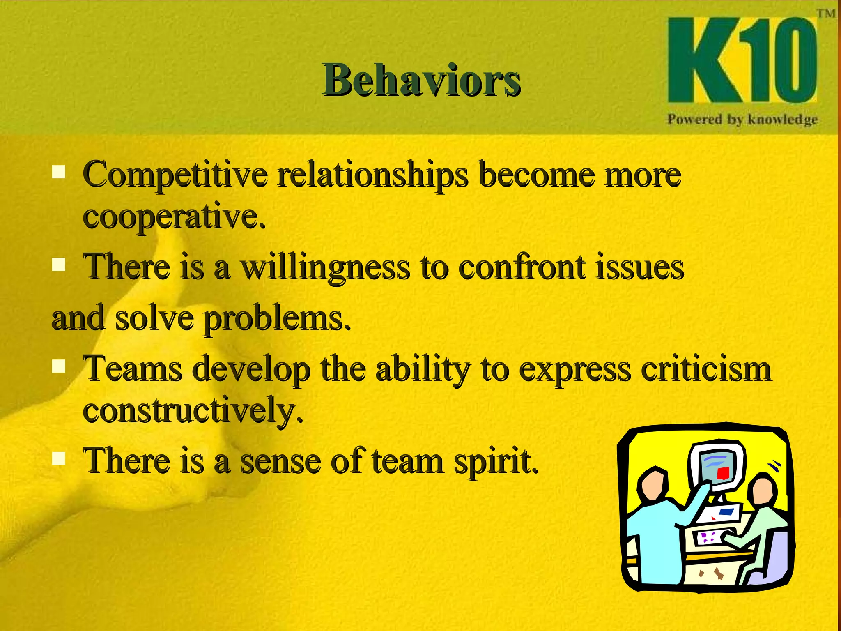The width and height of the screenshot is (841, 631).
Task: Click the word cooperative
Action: coord(174,216)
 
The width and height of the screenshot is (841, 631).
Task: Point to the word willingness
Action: coord(325,267)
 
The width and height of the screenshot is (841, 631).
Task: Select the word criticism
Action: coord(706,369)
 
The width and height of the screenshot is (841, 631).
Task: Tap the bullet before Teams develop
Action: coord(59,365)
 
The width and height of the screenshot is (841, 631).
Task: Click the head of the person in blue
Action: coord(652,485)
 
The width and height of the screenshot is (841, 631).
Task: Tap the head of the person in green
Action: coord(763,489)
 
